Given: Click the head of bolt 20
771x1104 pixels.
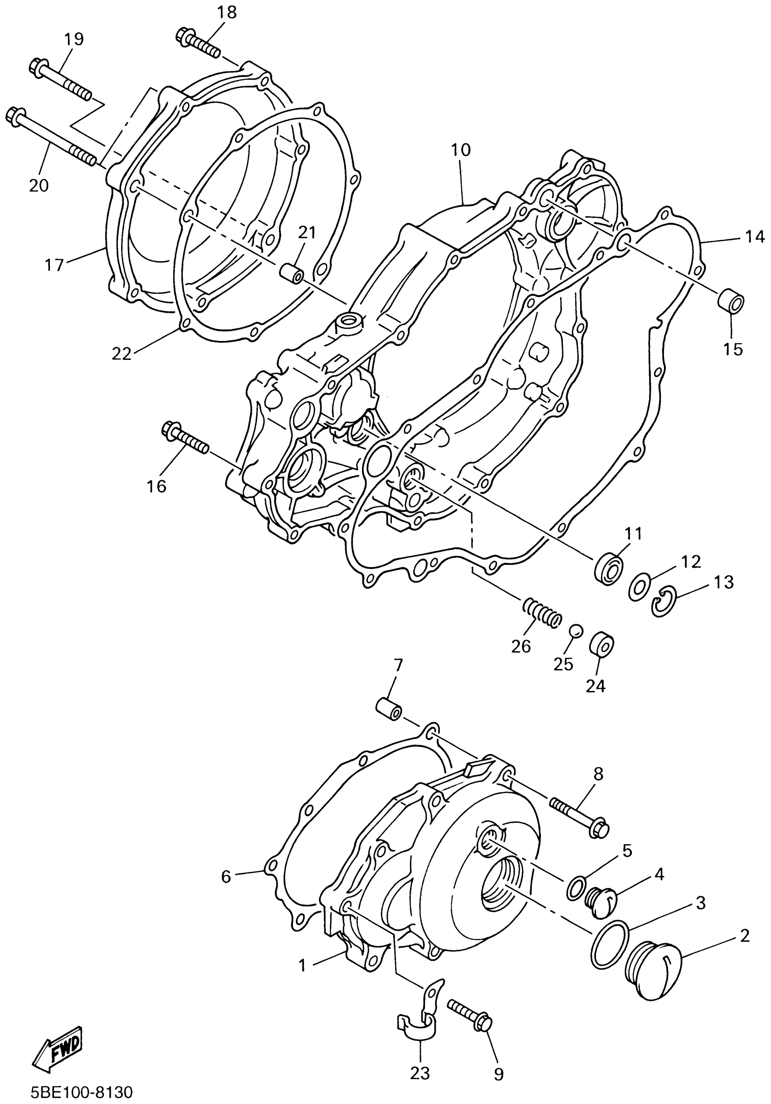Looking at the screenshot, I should point(14,117).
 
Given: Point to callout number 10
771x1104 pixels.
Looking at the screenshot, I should point(460,150).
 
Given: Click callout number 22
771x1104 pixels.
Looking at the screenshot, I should point(121,354).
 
